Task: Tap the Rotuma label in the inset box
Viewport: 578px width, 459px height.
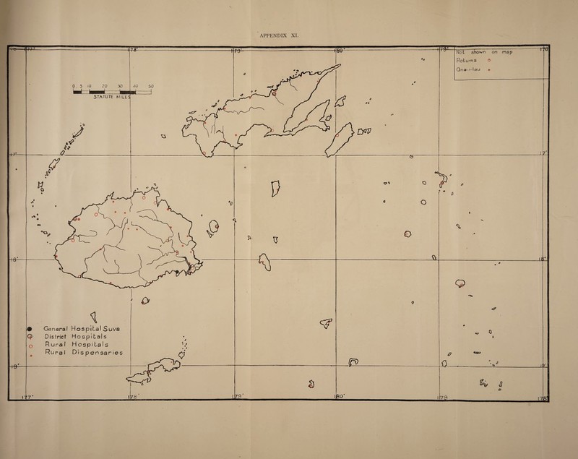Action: tap(468, 61)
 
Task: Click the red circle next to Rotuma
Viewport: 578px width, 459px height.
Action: tap(501, 62)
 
